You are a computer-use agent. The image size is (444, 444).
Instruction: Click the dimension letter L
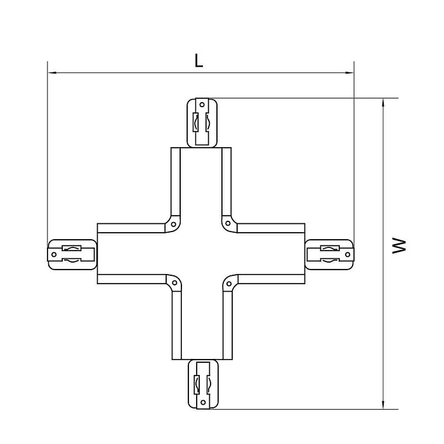(x=199, y=61)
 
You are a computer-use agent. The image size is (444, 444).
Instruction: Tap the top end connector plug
(x=202, y=122)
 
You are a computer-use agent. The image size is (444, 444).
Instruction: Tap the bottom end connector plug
(x=202, y=384)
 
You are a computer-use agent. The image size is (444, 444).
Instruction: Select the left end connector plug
(x=72, y=254)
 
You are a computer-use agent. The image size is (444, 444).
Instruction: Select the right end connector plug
(x=329, y=254)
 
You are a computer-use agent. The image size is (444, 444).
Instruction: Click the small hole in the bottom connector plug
(x=202, y=402)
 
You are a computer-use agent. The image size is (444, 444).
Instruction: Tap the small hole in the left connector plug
(x=55, y=254)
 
